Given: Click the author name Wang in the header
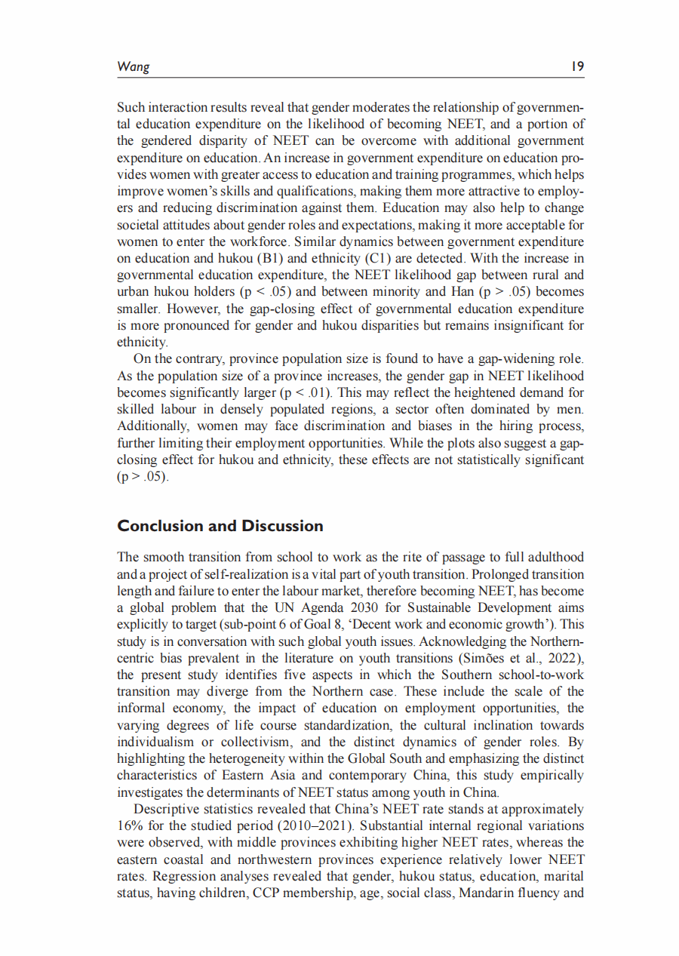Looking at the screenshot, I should [x=134, y=66].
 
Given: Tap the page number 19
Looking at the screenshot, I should [x=577, y=66].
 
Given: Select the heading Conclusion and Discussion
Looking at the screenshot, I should [x=220, y=526].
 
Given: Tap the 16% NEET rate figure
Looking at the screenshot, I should [x=130, y=825].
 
